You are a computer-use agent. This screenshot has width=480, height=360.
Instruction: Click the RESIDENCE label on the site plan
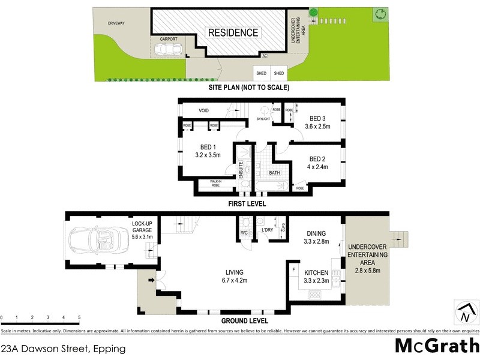(x=233, y=32)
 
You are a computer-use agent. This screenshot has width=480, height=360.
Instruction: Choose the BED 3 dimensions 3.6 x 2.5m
(x=317, y=126)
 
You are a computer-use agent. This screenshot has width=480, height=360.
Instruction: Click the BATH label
(x=274, y=173)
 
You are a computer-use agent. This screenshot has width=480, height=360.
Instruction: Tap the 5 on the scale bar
(x=79, y=317)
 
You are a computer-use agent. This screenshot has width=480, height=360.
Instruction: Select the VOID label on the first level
(x=203, y=110)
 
